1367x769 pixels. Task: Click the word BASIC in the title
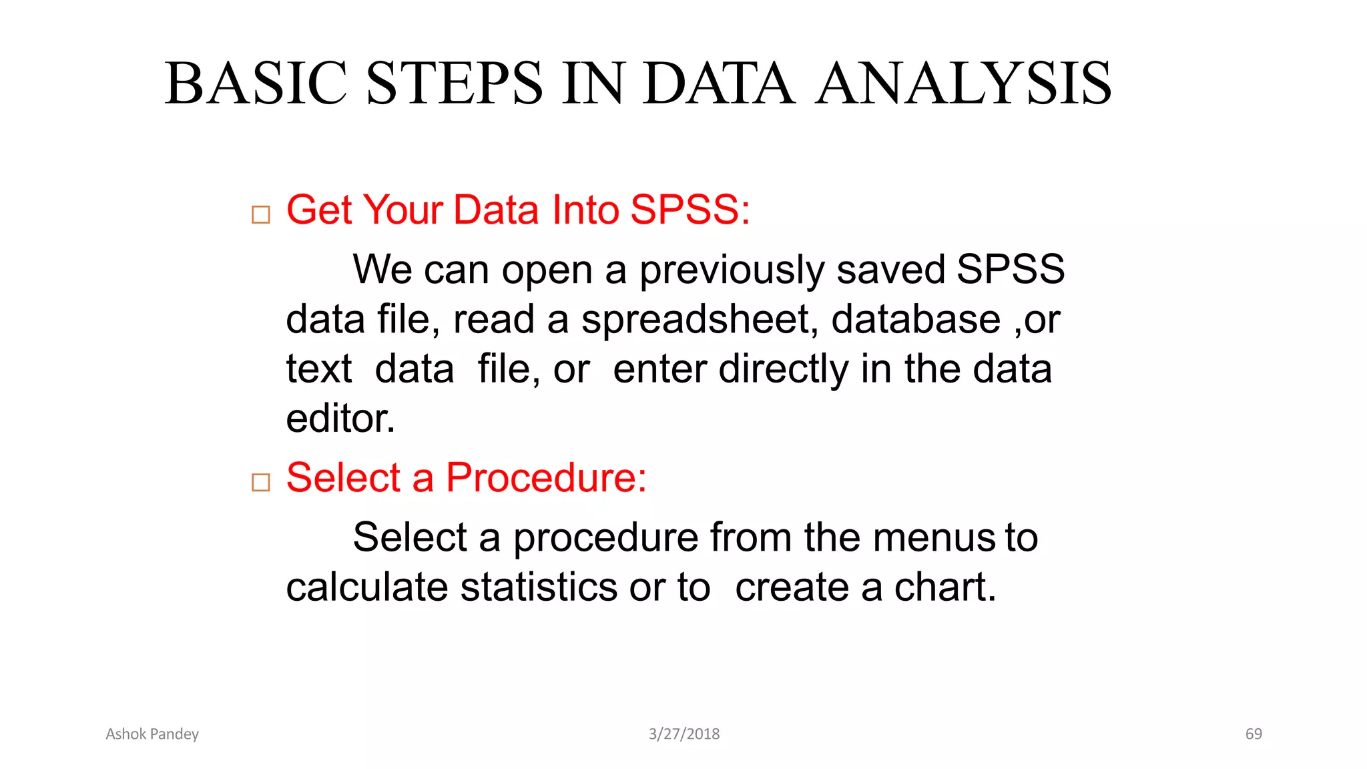tap(256, 83)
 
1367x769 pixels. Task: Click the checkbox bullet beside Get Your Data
tap(261, 215)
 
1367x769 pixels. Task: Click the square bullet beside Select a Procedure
tap(261, 482)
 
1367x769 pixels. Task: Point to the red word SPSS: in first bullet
tap(690, 210)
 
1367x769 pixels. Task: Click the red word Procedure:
tap(546, 477)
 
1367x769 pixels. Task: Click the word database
tap(916, 320)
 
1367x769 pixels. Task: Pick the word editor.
tap(340, 419)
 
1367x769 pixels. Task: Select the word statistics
tap(539, 587)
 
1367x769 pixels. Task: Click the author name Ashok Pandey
tap(152, 734)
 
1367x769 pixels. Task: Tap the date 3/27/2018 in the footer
tap(684, 734)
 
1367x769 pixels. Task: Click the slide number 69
tap(1254, 734)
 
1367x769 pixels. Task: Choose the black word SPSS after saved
tap(1010, 270)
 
